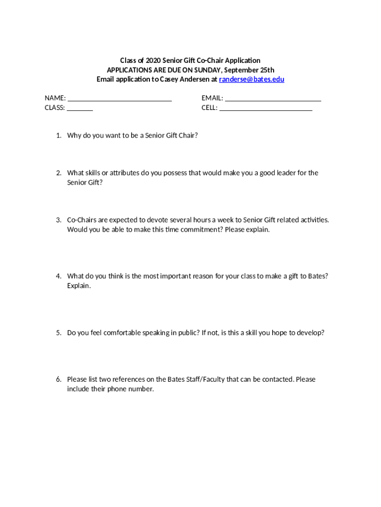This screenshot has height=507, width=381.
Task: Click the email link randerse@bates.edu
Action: coord(251,79)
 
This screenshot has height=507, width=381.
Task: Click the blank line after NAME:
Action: coord(119,99)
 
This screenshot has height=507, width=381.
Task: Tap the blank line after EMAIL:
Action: coord(273,99)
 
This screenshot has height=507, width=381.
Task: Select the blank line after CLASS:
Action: coord(80,108)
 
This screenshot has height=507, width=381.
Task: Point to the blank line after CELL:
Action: coord(266,108)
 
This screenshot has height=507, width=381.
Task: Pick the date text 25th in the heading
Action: coord(266,70)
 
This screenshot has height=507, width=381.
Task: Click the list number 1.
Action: coord(58,135)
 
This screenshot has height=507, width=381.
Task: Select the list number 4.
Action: coord(58,276)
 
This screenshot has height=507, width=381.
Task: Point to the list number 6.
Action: coord(58,379)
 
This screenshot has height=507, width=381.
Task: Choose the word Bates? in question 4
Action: coord(318,276)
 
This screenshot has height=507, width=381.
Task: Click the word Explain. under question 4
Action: coord(79,286)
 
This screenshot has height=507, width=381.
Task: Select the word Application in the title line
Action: coord(242,60)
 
